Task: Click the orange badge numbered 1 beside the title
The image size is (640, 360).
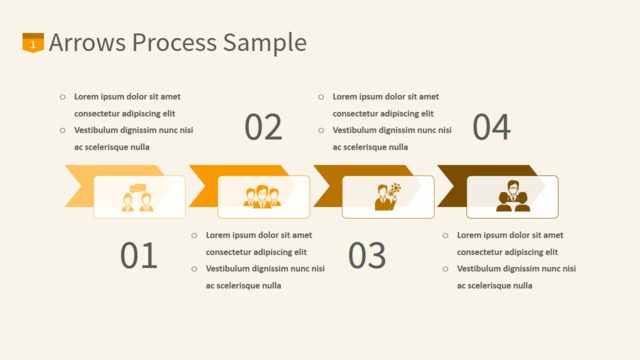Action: pyautogui.click(x=33, y=42)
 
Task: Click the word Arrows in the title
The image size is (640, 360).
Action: pyautogui.click(x=87, y=42)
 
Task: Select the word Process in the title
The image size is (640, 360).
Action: pyautogui.click(x=174, y=42)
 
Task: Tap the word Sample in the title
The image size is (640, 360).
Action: pyautogui.click(x=265, y=43)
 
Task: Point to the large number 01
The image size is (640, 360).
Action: pyautogui.click(x=139, y=255)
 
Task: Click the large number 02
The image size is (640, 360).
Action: pyautogui.click(x=263, y=127)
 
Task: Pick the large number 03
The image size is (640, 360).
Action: pyautogui.click(x=367, y=255)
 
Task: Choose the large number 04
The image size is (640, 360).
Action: pyautogui.click(x=491, y=127)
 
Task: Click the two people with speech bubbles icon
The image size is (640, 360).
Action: pyautogui.click(x=138, y=198)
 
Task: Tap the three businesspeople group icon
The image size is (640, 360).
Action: pyautogui.click(x=262, y=197)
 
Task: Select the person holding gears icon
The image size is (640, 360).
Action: pyautogui.click(x=388, y=197)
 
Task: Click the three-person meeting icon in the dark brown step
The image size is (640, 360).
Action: pyautogui.click(x=513, y=196)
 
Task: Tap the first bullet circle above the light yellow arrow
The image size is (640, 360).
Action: pyautogui.click(x=62, y=97)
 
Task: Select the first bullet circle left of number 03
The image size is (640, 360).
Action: pyautogui.click(x=194, y=235)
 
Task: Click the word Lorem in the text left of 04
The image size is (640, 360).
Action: pyautogui.click(x=344, y=97)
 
